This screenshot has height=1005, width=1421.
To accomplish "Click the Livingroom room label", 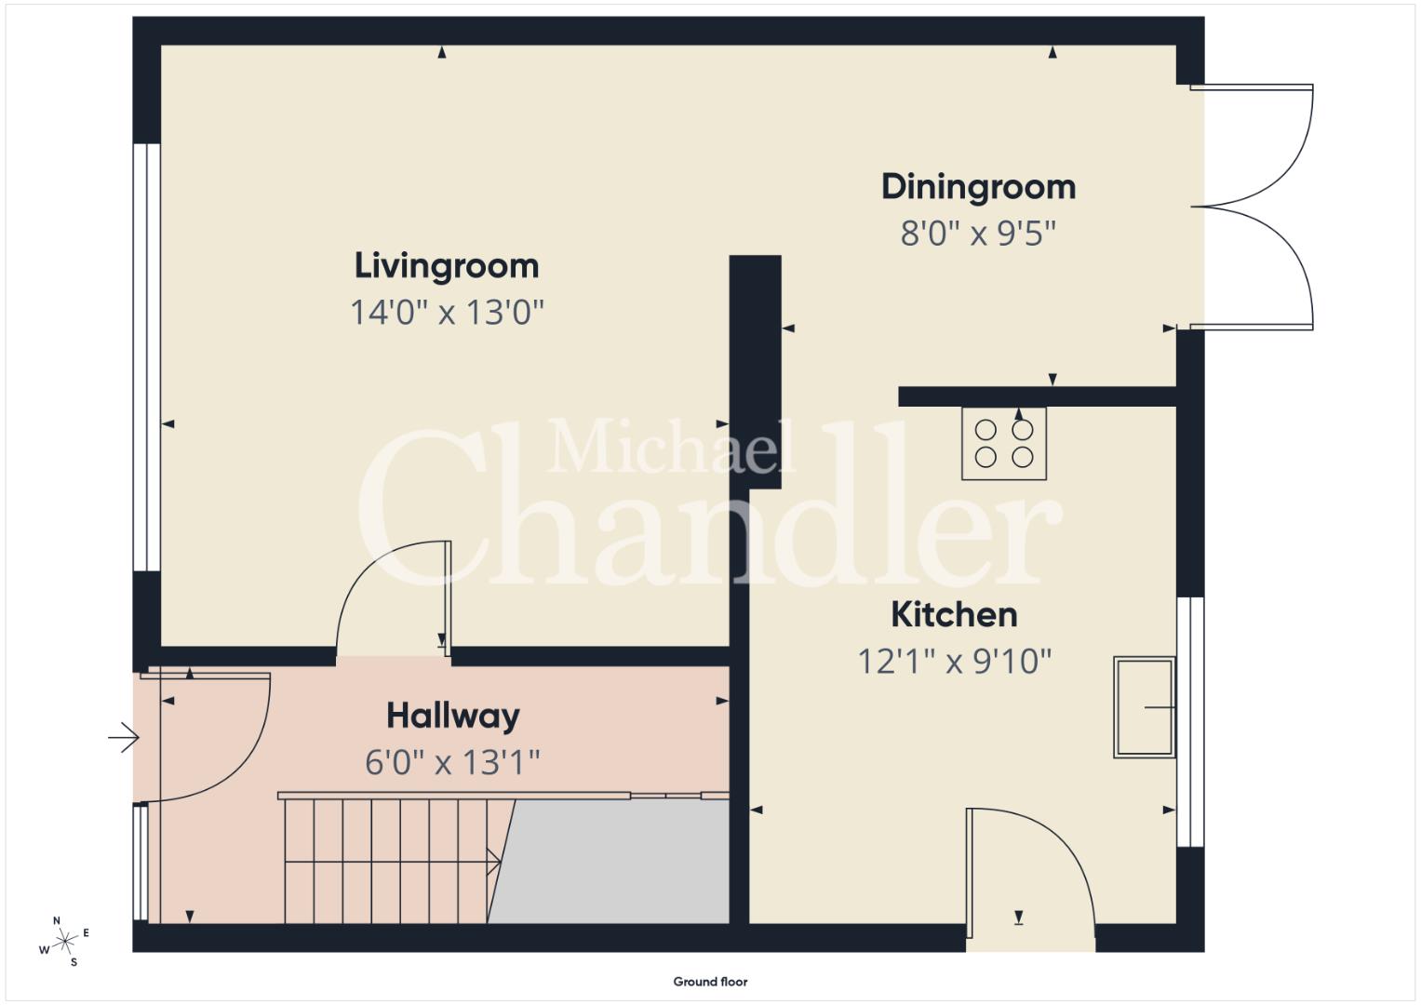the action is (x=447, y=266).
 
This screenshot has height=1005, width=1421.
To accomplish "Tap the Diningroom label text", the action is (x=978, y=187).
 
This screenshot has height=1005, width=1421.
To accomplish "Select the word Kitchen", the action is (x=954, y=614).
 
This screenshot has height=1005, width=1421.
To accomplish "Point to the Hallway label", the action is (x=453, y=717).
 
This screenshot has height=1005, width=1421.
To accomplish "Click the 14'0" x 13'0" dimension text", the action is (x=447, y=312).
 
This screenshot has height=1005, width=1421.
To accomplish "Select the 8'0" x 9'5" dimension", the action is (x=978, y=234).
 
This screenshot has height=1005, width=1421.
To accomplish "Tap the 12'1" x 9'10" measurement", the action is (x=954, y=661).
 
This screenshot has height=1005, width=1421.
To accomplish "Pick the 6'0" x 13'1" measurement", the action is (x=452, y=763).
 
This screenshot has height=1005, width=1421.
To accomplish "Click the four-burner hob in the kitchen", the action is (x=1003, y=444).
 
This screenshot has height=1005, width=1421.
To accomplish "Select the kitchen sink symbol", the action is (x=1145, y=707).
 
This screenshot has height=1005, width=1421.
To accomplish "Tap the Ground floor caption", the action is (x=711, y=982).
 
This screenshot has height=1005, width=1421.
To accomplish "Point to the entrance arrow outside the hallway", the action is (x=124, y=737).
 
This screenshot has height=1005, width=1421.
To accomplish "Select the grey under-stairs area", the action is (x=609, y=861).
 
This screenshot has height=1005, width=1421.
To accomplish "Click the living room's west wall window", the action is (x=146, y=357).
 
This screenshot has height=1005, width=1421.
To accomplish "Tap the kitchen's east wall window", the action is (x=1191, y=721).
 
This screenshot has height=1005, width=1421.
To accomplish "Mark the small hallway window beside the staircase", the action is (x=141, y=863).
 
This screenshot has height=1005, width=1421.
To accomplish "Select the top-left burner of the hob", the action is (x=985, y=430).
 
